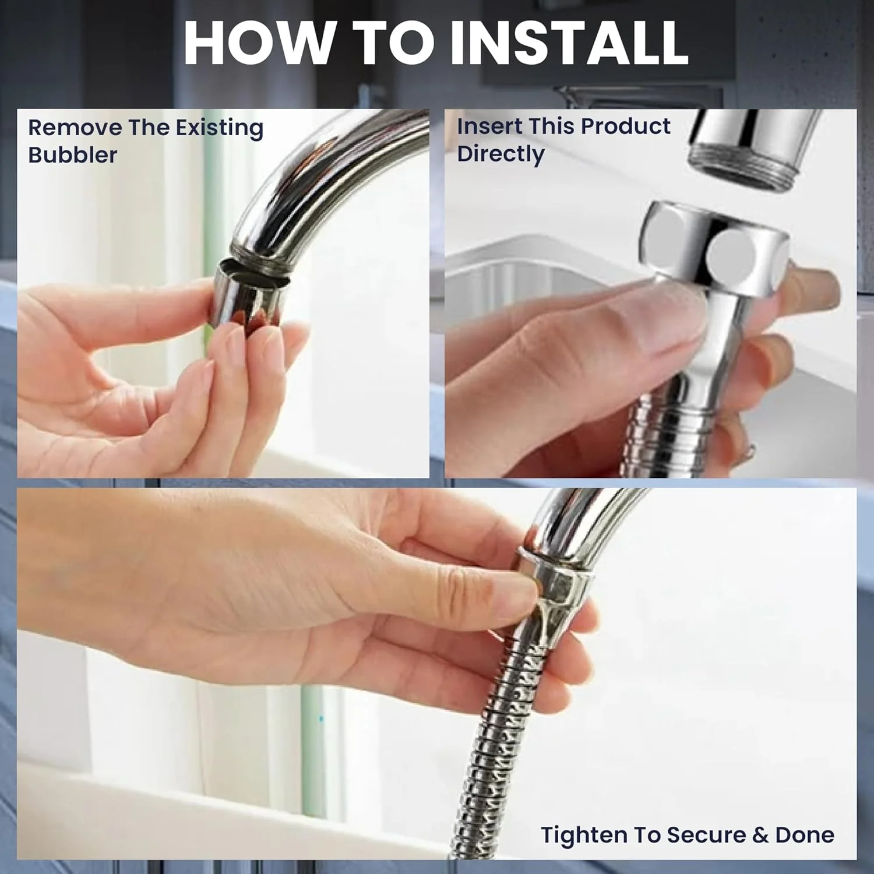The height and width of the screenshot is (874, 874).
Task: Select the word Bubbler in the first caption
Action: (x=73, y=155)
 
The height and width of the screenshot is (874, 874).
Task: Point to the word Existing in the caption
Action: (x=220, y=128)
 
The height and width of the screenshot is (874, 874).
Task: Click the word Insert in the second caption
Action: (x=486, y=126)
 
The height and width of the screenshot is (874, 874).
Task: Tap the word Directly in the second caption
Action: (x=501, y=154)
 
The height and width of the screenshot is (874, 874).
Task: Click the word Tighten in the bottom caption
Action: (x=584, y=835)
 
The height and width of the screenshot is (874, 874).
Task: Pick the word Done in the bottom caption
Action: (x=805, y=835)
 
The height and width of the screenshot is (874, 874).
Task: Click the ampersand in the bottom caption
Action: (x=760, y=835)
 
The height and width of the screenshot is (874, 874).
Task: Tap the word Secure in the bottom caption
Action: (x=706, y=835)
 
